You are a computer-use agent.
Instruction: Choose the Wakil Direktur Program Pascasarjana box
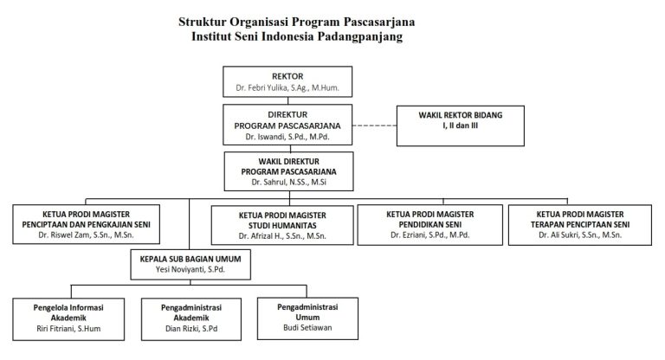point(287,170)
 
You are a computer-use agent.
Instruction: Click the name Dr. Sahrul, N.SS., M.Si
point(287,183)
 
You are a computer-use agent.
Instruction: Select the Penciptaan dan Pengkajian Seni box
point(99,224)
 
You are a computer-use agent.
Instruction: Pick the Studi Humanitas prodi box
point(281,224)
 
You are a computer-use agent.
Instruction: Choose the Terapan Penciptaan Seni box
point(578,224)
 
